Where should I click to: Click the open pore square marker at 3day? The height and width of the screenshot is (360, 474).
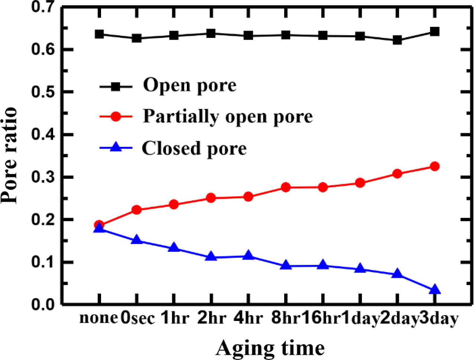point(435,32)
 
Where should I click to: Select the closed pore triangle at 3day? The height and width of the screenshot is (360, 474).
point(435,289)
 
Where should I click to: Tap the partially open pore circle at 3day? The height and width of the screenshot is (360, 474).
point(435,166)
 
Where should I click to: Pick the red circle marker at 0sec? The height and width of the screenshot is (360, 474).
point(137,210)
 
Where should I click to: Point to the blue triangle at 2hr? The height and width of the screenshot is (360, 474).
point(211,256)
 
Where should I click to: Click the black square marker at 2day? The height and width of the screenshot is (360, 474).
point(397,40)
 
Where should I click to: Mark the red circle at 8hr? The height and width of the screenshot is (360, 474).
point(286,187)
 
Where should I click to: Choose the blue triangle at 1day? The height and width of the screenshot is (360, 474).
point(360,269)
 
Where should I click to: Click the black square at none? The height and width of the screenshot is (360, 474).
point(99,34)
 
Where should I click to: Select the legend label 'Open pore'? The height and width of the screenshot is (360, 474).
point(189,85)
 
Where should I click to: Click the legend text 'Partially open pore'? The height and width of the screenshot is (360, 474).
point(228,116)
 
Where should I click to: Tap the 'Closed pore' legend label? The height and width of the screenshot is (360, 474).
point(194,148)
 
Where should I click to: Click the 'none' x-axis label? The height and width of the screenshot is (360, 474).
point(98,318)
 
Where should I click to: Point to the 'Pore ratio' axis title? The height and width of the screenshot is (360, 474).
point(10,155)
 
